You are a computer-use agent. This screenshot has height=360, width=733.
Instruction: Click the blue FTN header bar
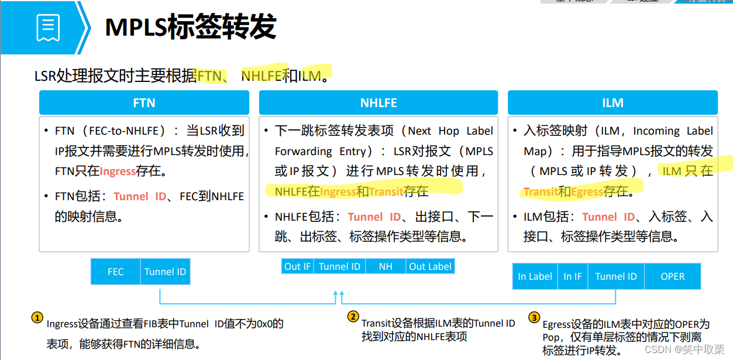144,103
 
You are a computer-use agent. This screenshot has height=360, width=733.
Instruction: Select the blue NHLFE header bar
378,103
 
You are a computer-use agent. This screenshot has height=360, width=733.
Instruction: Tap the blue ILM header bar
612,103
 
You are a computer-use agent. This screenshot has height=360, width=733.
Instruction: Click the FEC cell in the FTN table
116,272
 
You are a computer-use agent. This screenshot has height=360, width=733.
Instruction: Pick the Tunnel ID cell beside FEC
166,272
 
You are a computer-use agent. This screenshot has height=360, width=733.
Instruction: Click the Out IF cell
297,266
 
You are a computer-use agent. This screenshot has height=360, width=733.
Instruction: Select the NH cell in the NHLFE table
386,266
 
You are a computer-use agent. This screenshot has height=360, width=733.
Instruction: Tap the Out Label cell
430,266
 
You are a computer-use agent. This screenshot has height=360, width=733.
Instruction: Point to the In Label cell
535,276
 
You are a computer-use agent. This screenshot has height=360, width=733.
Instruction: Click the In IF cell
573,276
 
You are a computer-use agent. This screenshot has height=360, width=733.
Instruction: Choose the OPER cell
672,276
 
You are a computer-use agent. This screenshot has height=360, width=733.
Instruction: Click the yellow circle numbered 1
37,318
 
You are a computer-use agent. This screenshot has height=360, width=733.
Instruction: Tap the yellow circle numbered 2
353,317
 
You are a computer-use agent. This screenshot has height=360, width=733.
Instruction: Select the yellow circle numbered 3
534,318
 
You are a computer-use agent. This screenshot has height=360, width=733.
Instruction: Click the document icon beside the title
48,28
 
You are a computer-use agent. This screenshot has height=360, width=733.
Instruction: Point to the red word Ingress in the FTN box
118,172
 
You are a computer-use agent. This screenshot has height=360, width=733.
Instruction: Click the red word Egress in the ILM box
587,191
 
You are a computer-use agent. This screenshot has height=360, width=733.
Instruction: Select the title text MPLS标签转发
190,28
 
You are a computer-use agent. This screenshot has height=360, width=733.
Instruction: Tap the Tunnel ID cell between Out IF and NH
339,266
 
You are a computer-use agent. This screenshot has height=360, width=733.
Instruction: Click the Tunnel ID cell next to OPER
616,276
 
